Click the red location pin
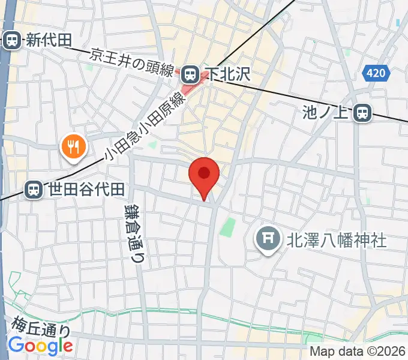tap(204, 175)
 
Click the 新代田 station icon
tap(11, 40)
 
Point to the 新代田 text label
tap(48, 40)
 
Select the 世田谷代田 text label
tap(86, 190)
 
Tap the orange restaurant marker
tap(74, 146)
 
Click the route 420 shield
tap(376, 74)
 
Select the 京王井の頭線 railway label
tap(132, 63)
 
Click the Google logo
tap(40, 346)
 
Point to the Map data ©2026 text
tap(358, 351)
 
